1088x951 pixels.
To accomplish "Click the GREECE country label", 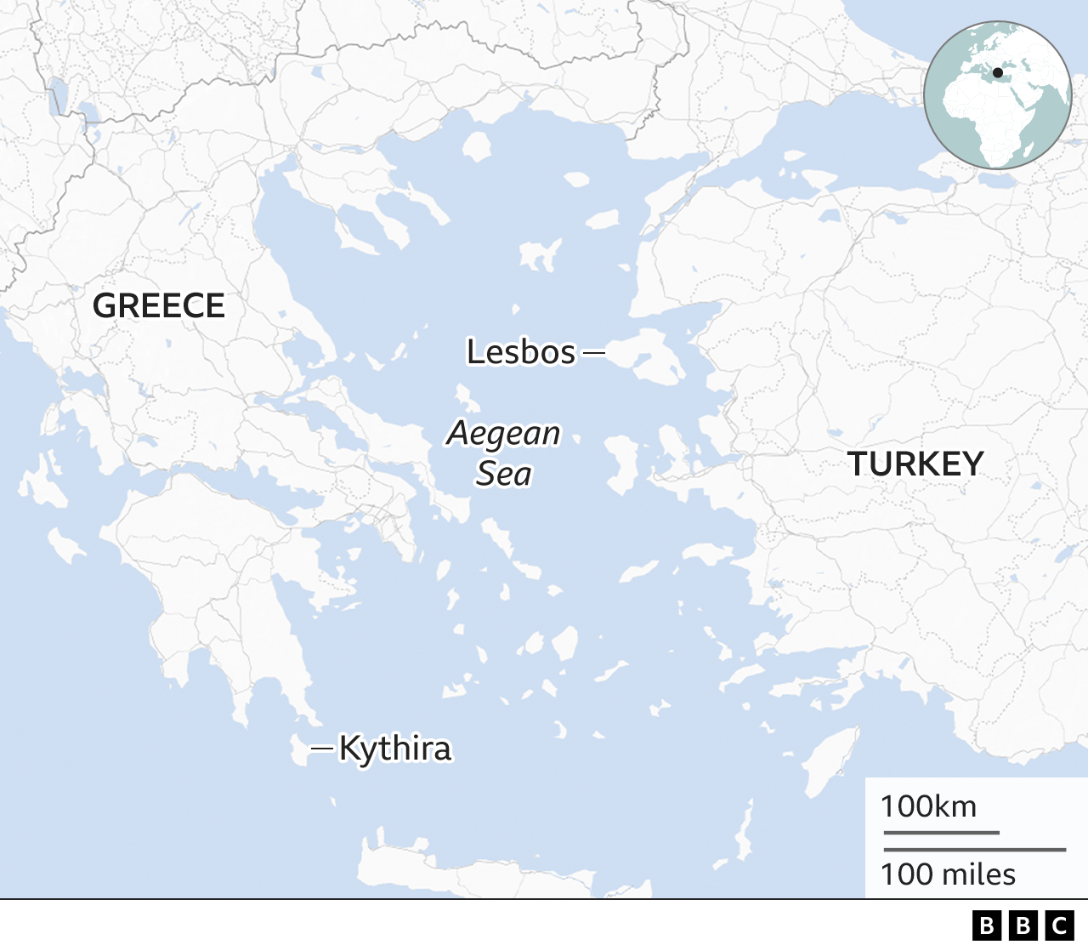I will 159,305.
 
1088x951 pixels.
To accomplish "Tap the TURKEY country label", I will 915,464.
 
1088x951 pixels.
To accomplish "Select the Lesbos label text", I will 521,351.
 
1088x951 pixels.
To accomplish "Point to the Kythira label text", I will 395,749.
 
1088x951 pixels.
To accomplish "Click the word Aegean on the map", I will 504,433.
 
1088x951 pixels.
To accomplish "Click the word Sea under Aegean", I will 504,474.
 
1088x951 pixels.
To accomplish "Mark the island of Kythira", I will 298,751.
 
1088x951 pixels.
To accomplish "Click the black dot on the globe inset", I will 997,73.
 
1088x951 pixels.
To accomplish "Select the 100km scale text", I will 928,806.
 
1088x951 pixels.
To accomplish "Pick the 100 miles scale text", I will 948,874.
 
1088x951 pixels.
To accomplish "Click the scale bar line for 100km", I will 941,833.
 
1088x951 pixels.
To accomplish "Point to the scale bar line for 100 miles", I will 974,849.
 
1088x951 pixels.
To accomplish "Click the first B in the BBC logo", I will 987,925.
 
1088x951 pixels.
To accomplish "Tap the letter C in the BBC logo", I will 1060,925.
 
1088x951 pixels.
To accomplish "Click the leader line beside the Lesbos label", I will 594,351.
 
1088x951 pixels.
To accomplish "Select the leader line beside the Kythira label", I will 322,749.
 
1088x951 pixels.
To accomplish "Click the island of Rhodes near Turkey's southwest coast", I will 829,761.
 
